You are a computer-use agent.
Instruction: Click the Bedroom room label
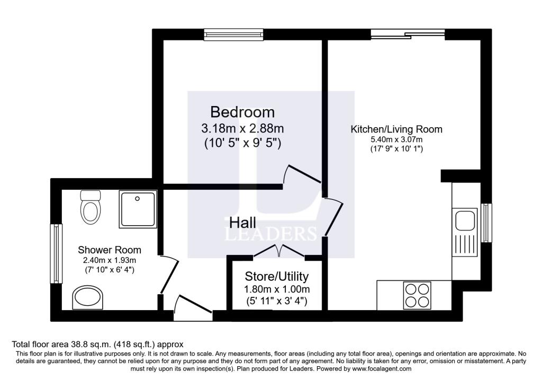click(x=242, y=112)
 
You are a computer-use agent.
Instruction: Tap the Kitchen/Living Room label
click(x=396, y=129)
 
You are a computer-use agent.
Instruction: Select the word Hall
click(x=242, y=223)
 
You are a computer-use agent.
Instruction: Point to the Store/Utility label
click(x=276, y=276)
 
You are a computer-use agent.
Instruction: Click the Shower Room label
click(x=109, y=250)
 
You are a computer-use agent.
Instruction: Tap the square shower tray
click(x=138, y=209)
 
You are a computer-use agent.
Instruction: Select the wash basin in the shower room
click(x=87, y=297)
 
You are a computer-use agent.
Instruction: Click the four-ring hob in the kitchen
click(x=417, y=296)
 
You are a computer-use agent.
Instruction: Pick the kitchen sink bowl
click(x=465, y=220)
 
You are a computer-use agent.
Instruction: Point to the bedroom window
click(x=234, y=34)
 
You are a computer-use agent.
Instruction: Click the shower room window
click(x=56, y=253)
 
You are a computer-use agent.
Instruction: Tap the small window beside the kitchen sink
click(x=486, y=223)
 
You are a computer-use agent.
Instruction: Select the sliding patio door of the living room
click(x=408, y=34)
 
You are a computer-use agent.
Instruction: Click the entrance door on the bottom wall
click(x=193, y=308)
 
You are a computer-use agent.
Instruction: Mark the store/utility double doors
click(x=279, y=251)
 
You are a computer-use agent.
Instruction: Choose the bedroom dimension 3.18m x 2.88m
click(x=242, y=128)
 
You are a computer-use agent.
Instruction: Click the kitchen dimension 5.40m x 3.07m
click(x=396, y=140)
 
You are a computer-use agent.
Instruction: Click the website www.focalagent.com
click(x=382, y=369)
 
